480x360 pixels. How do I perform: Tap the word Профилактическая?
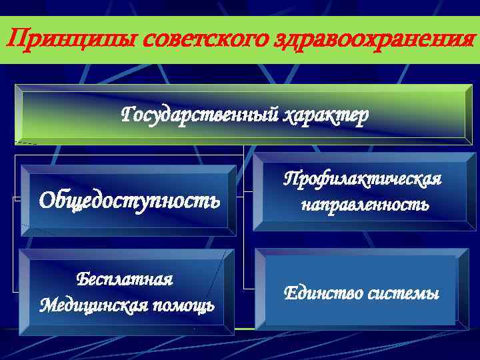[x=363, y=179]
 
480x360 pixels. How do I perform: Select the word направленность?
[x=365, y=205]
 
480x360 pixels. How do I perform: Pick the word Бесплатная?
[x=125, y=279]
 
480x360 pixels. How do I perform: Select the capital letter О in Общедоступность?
[x=47, y=199]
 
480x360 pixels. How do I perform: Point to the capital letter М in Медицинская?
[x=48, y=305]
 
